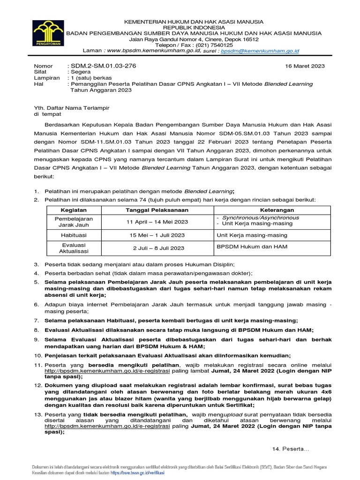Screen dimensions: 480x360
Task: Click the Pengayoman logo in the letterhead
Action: click(x=49, y=36)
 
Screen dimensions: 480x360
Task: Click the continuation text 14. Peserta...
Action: click(x=291, y=449)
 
